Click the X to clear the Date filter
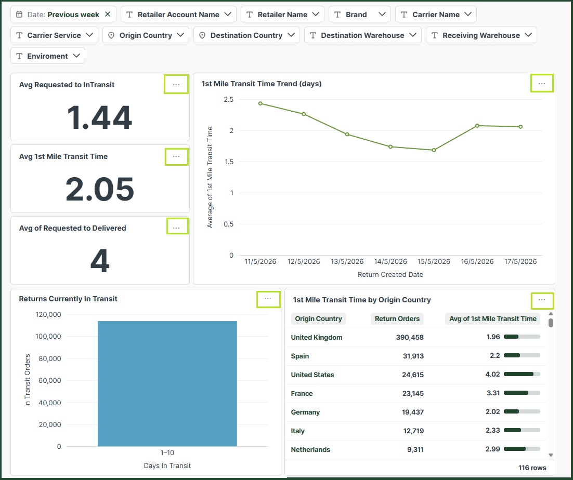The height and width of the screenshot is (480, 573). point(108,14)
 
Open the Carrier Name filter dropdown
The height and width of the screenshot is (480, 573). point(436,14)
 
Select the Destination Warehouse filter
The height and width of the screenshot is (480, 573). point(362,35)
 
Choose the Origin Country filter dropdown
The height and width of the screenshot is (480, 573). point(146,35)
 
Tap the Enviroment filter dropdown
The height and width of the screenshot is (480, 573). point(48,56)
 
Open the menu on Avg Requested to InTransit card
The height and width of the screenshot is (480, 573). point(176,84)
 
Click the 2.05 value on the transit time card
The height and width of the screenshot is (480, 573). point(100,189)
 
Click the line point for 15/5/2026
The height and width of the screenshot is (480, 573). point(434,150)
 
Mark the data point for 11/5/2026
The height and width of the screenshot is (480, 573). point(260,103)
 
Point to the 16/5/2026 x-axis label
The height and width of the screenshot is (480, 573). point(477,261)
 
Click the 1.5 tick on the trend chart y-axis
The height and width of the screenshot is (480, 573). point(229,162)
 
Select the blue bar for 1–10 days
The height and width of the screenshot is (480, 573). point(167,383)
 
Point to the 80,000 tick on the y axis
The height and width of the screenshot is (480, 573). point(50,358)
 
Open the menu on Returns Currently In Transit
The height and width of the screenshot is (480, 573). point(268,299)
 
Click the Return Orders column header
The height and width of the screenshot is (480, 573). point(397,318)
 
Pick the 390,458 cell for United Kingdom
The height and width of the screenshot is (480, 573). point(410,337)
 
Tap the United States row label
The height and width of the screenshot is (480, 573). point(312,375)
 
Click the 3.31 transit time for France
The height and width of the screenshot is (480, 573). point(493,393)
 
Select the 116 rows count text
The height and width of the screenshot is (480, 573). point(532,468)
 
